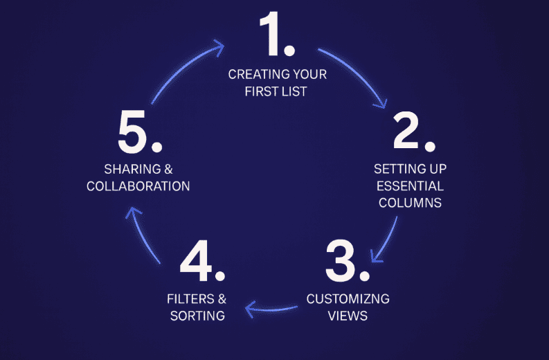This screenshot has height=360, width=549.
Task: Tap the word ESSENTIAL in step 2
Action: click(x=408, y=186)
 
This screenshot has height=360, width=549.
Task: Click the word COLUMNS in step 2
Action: click(x=408, y=203)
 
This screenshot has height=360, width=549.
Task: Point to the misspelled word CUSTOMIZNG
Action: click(x=348, y=299)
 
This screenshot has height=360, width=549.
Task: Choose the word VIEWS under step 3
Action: click(x=348, y=316)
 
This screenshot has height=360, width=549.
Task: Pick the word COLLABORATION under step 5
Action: click(x=138, y=186)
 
